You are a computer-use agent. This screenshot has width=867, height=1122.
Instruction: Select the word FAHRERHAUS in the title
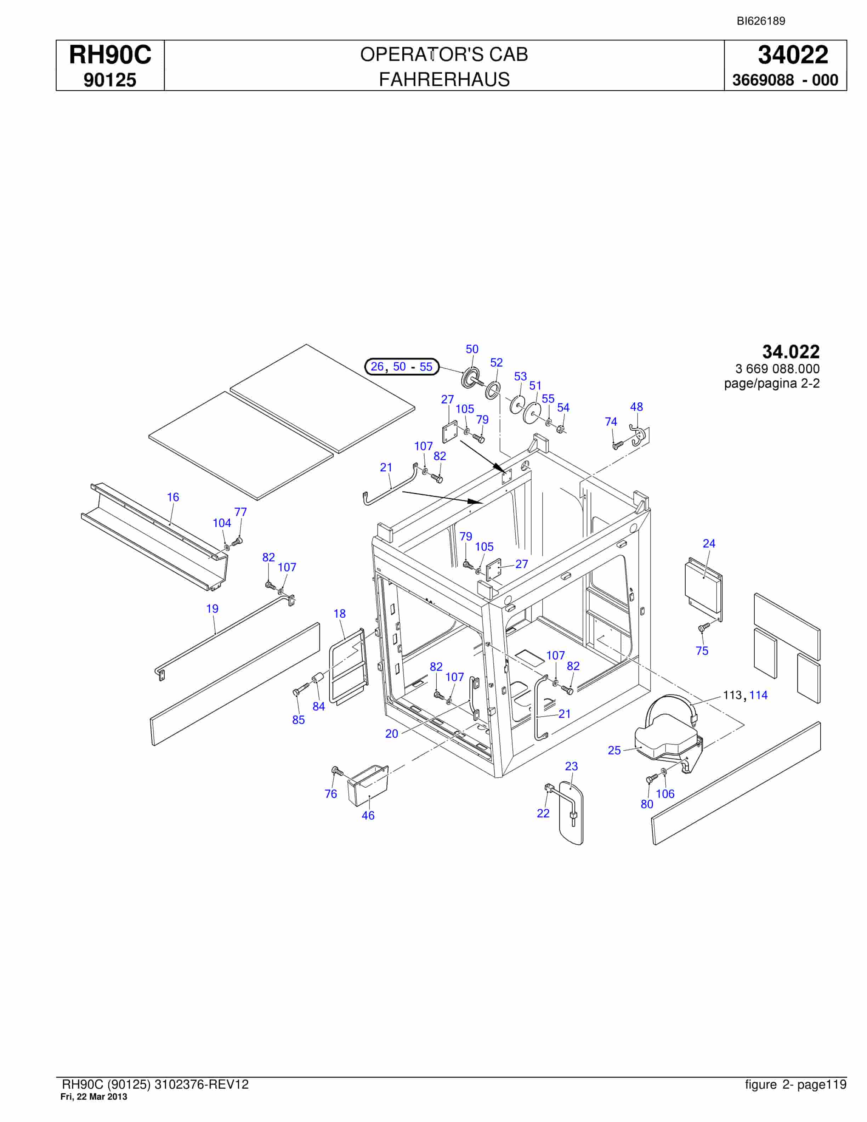click(444, 80)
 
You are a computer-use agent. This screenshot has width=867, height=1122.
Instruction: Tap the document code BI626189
click(761, 21)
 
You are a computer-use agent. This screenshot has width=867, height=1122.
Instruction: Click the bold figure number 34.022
click(790, 352)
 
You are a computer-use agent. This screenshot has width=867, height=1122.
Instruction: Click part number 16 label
click(173, 497)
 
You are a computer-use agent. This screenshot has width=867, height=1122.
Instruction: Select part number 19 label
click(212, 609)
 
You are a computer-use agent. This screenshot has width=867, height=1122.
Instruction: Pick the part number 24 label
click(709, 544)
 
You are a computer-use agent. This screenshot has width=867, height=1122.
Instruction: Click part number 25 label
click(614, 750)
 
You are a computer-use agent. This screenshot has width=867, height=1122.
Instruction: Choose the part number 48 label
click(636, 407)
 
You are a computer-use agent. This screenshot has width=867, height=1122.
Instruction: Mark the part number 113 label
click(732, 695)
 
